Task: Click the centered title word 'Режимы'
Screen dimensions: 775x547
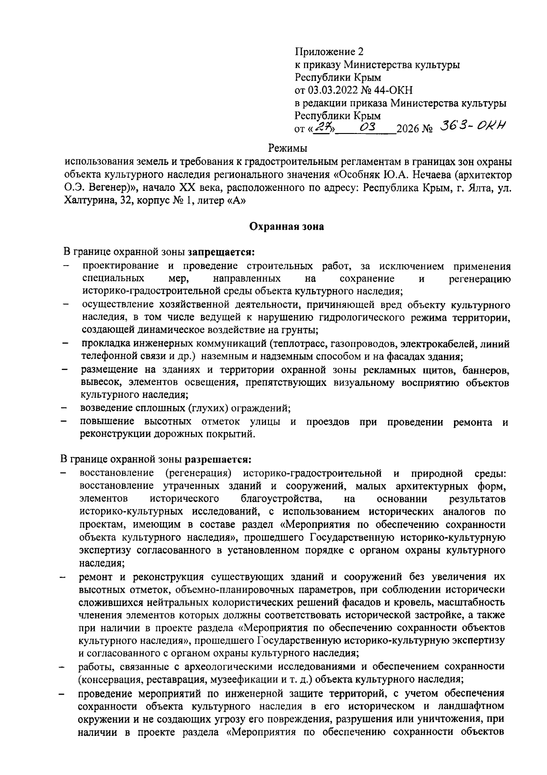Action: pos(287,148)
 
